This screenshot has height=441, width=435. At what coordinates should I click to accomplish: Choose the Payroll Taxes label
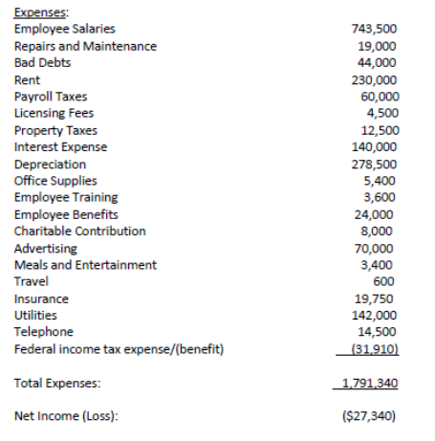(x=49, y=97)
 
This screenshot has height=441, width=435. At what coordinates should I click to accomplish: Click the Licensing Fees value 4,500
(x=383, y=113)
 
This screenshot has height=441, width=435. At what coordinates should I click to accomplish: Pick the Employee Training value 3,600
(x=383, y=196)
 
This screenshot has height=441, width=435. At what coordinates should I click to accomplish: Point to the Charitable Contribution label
(x=80, y=231)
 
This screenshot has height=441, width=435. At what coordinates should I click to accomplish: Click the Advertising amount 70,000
(x=380, y=248)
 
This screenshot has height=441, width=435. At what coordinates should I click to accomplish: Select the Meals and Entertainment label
(x=85, y=265)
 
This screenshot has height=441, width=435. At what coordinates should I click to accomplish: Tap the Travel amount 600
(x=387, y=281)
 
